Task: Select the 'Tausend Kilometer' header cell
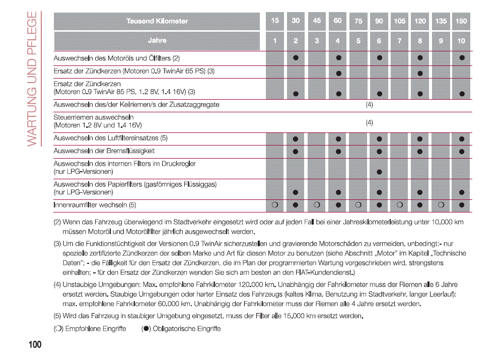(157, 21)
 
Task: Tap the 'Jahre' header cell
(157, 40)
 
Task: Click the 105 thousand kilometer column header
(399, 21)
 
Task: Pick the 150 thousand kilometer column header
(461, 21)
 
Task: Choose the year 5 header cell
(358, 41)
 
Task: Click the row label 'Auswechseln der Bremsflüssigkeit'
(104, 151)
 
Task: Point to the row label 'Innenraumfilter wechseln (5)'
(95, 205)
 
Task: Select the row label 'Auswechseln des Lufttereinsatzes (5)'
(111, 138)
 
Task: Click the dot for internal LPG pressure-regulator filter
(379, 172)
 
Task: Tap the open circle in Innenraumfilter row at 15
(275, 205)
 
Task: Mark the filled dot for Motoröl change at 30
(296, 57)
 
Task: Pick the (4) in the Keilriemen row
(369, 105)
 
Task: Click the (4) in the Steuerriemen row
(369, 122)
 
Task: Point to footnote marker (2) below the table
(57, 222)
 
